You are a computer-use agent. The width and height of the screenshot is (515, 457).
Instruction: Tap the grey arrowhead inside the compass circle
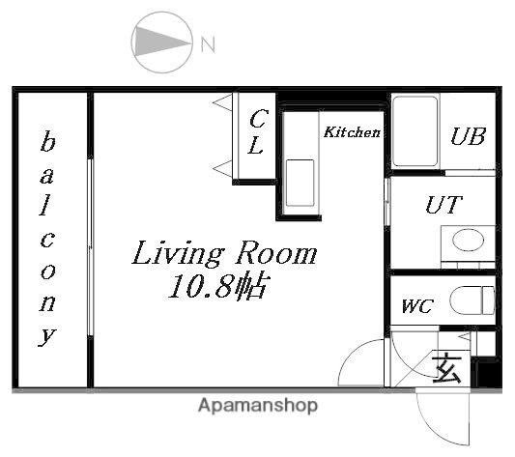click(x=157, y=42)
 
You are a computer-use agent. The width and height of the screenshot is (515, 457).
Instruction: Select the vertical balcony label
click(x=47, y=239)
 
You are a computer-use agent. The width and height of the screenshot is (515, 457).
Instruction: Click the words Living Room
click(x=225, y=253)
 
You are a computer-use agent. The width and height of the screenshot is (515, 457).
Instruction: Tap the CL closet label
click(x=257, y=132)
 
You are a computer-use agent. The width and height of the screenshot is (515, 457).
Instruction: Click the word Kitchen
click(x=352, y=132)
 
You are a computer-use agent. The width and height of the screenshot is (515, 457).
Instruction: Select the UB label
click(x=468, y=136)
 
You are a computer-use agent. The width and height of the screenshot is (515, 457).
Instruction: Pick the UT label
click(x=444, y=205)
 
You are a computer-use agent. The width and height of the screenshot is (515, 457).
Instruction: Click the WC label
click(x=417, y=306)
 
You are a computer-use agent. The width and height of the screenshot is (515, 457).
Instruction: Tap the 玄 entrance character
click(x=446, y=368)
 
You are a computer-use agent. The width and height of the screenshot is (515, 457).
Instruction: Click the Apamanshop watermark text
click(x=258, y=405)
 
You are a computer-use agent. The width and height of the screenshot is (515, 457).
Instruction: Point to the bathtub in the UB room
click(x=415, y=131)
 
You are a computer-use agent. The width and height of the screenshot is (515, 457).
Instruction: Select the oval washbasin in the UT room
click(x=468, y=240)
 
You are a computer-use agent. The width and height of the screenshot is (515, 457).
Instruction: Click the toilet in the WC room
click(x=472, y=300)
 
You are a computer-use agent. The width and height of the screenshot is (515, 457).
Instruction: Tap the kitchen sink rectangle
click(x=300, y=183)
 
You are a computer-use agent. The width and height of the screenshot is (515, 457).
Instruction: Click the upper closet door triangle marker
click(x=222, y=102)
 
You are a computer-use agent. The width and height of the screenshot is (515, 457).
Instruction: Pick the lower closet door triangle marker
click(x=222, y=169)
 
